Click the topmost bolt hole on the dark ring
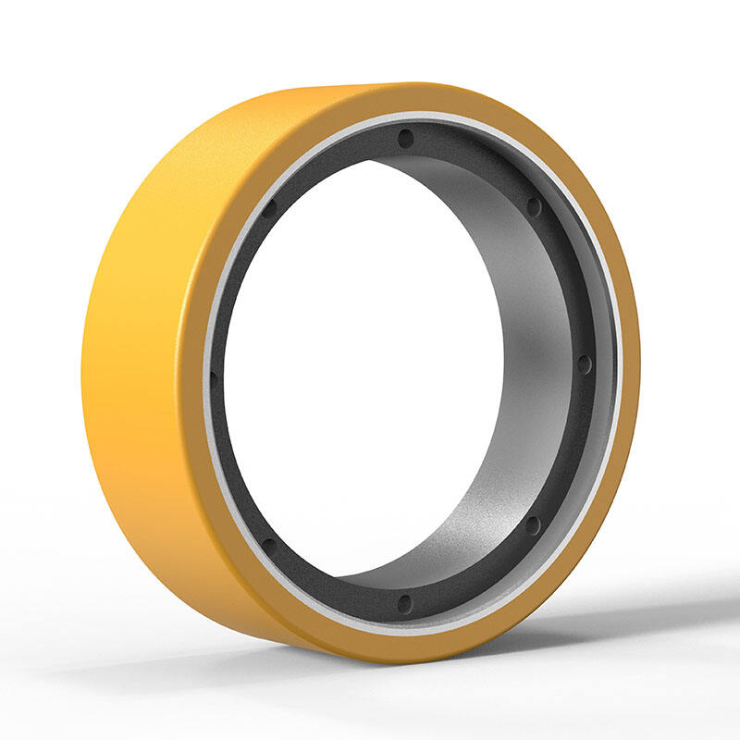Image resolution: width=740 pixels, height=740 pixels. [x=405, y=139]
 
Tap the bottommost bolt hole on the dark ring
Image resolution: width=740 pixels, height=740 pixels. [x=404, y=603]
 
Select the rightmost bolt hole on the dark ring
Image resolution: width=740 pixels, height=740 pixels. [x=584, y=364]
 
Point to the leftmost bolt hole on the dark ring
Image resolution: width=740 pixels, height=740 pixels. [x=214, y=376]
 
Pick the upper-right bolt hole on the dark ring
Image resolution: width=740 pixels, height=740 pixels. [x=534, y=205]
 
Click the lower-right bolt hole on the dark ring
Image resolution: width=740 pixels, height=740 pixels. [x=533, y=524]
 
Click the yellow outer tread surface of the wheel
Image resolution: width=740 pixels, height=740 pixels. [x=148, y=351]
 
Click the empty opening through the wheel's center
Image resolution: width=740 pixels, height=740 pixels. [x=361, y=370]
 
